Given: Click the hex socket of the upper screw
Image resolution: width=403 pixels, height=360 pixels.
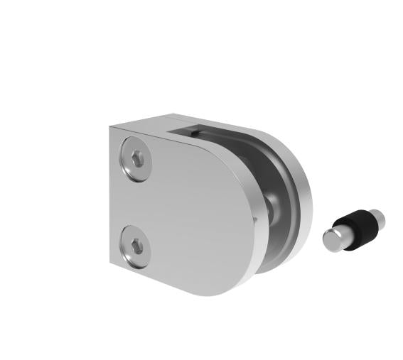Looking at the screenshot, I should pyautogui.click(x=136, y=160).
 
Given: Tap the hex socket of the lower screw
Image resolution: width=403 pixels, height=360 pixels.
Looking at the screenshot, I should pyautogui.click(x=137, y=247).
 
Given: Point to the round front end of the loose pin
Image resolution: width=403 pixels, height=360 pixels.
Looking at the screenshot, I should pyautogui.click(x=332, y=240).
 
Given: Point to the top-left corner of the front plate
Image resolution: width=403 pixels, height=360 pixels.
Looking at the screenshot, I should pyautogui.click(x=112, y=129).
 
